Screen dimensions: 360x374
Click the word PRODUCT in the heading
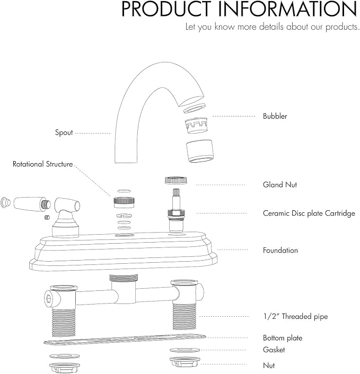[166, 9]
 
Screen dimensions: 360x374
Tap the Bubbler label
[275, 116]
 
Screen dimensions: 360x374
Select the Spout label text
[64, 132]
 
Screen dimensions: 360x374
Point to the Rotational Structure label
[42, 164]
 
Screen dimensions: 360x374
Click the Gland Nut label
[280, 184]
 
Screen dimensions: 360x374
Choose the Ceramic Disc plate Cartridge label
[309, 213]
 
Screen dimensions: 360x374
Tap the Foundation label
[280, 250]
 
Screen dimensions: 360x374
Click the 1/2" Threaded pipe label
[295, 316]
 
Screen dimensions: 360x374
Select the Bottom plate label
[283, 338]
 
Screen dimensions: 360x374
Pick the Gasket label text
[274, 350]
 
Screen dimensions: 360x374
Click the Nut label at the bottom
[269, 366]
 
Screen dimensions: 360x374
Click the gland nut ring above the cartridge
[176, 180]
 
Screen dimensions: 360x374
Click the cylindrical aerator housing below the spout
[199, 151]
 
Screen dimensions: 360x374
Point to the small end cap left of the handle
[5, 203]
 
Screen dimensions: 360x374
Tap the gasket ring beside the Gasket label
[185, 350]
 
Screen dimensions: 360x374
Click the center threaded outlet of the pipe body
[124, 278]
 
